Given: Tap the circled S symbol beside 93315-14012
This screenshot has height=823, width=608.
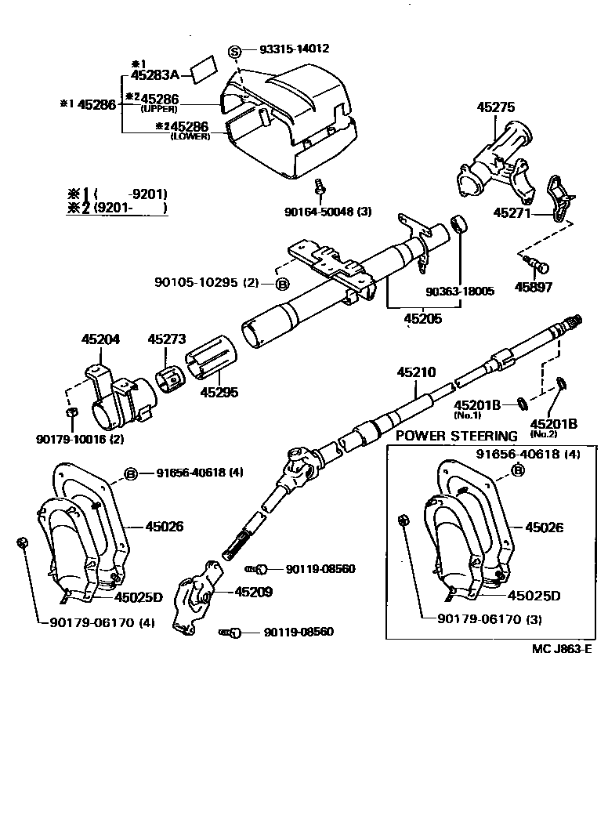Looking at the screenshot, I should click(233, 52).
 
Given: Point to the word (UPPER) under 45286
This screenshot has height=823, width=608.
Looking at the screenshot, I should click(161, 109).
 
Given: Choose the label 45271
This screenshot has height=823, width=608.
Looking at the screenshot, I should click(512, 212).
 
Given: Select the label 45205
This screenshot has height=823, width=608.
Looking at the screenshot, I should click(422, 318).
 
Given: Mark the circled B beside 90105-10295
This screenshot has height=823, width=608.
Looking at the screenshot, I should click(282, 282).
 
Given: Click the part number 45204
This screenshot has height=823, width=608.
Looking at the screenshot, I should click(100, 339).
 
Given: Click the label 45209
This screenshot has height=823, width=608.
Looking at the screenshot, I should click(254, 593).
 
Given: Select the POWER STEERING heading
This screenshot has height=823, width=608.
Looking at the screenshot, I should click(457, 436).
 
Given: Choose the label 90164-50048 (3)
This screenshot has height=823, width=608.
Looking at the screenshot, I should click(328, 212).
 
